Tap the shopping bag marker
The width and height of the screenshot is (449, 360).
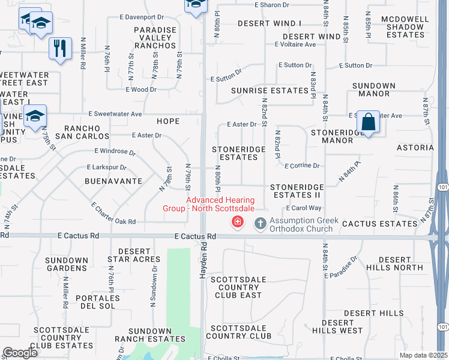pyautogui.click(x=369, y=122)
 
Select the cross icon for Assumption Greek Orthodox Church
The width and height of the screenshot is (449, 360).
pyautogui.click(x=260, y=223)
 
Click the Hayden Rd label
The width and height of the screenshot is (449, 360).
pyautogui.click(x=204, y=259)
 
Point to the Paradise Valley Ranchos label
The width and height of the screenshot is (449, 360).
pyautogui.click(x=155, y=37)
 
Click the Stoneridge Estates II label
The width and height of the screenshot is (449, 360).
pyautogui.click(x=297, y=191)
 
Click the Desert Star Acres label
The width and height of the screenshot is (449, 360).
pyautogui.click(x=134, y=256)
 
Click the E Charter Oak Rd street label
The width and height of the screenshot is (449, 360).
pyautogui.click(x=113, y=214)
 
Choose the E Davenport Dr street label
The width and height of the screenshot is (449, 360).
pyautogui.click(x=141, y=17)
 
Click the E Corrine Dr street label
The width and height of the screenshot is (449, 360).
pyautogui.click(x=302, y=165)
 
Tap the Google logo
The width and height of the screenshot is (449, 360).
pyautogui.click(x=20, y=353)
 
